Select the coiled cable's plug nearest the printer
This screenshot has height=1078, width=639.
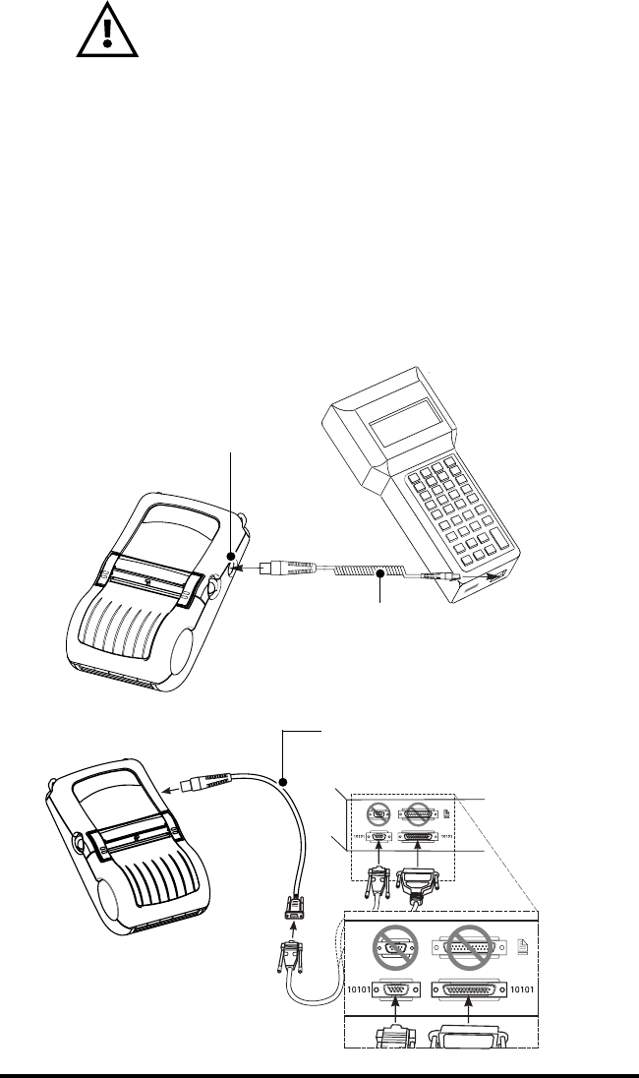coord(285,567)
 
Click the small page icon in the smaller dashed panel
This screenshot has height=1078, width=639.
coord(447,813)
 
